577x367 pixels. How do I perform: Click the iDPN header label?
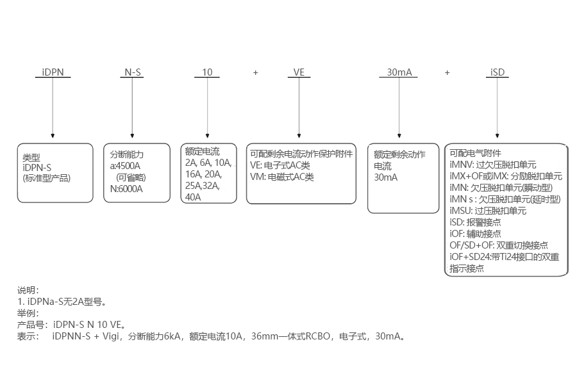(x=53, y=72)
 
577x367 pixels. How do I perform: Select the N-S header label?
(x=132, y=72)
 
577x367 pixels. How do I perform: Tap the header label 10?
(x=207, y=72)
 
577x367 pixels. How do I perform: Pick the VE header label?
(x=299, y=72)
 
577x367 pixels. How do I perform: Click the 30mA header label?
(x=399, y=72)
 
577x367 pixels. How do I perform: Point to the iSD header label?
(x=498, y=72)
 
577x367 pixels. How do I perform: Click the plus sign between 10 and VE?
(x=255, y=72)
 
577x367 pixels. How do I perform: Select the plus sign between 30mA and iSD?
(x=447, y=72)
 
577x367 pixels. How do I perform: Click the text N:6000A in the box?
(x=128, y=189)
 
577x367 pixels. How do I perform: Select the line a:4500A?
(x=126, y=166)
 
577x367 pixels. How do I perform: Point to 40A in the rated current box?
(x=193, y=197)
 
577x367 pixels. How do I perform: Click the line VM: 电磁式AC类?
(x=282, y=177)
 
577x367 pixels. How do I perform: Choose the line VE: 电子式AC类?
(x=280, y=165)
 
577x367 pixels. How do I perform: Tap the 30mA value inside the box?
(x=386, y=177)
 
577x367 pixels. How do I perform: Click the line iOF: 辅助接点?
(x=475, y=234)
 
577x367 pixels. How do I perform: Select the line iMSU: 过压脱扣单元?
(x=488, y=211)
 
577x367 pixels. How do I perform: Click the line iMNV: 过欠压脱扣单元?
(x=493, y=165)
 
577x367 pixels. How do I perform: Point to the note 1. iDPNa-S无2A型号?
(x=62, y=301)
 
